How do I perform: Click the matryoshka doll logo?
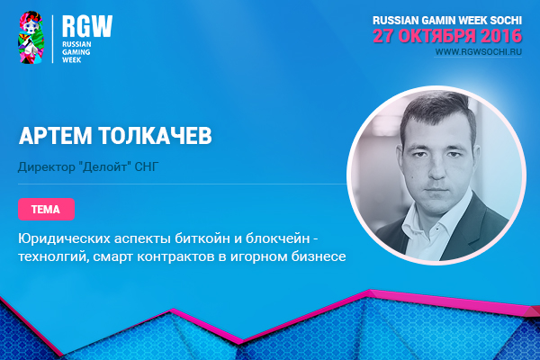(x=31, y=37)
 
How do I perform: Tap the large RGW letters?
(x=87, y=26)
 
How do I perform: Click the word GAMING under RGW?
(x=76, y=52)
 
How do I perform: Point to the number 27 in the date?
(x=384, y=36)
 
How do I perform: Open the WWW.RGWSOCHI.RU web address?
(x=479, y=52)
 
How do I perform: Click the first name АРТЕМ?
(x=56, y=135)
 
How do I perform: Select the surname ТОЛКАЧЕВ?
(x=156, y=135)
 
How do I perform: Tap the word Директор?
(x=47, y=167)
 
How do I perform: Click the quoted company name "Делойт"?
(x=104, y=166)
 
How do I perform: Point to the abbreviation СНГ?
(x=147, y=166)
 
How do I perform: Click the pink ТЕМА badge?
(x=47, y=209)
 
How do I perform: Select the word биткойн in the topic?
(x=202, y=238)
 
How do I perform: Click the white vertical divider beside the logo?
(x=53, y=39)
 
